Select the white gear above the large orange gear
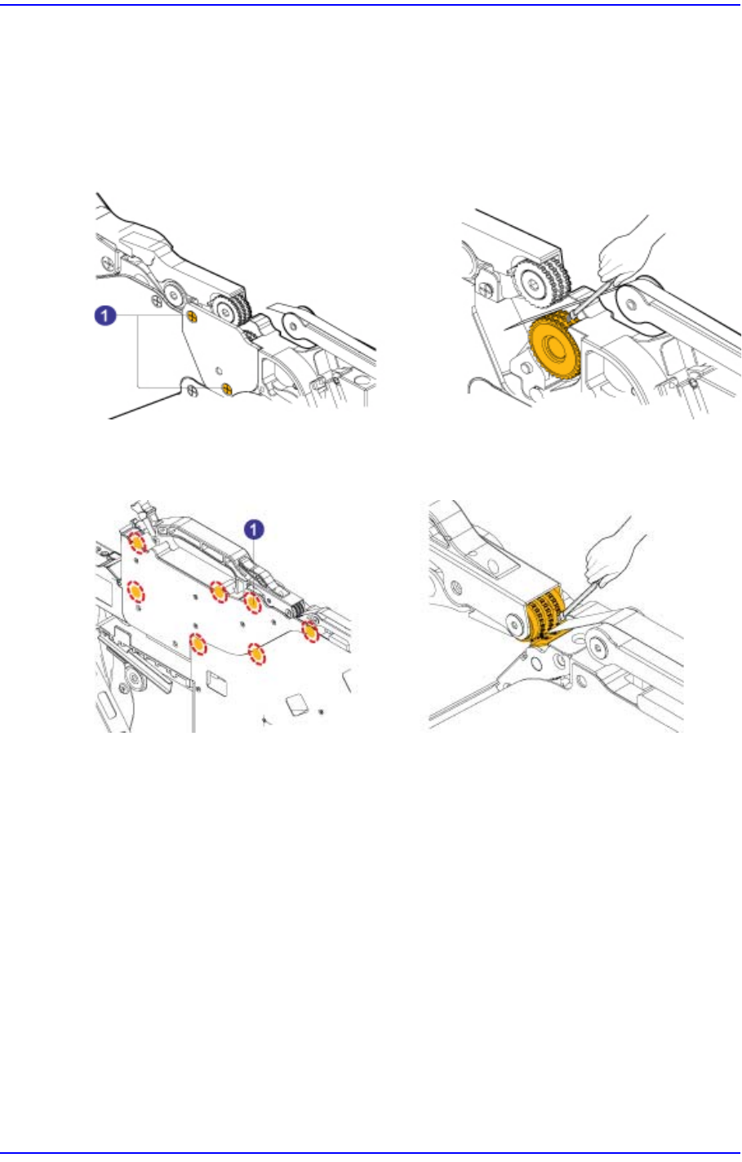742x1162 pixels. click(535, 282)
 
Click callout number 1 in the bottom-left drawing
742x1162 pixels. click(256, 530)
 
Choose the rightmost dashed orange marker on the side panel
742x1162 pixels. click(310, 632)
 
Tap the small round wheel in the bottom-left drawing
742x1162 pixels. click(129, 679)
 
